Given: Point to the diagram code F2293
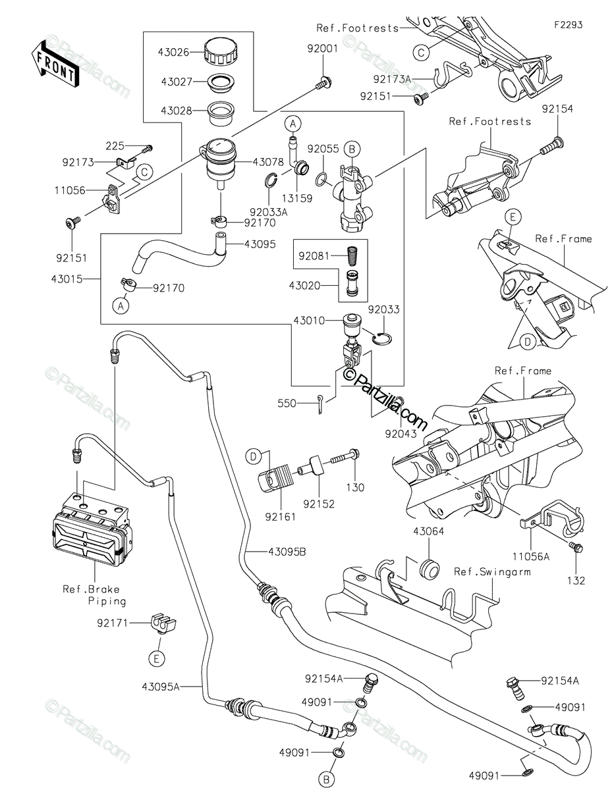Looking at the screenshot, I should [x=568, y=25].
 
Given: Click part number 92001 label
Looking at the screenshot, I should [x=321, y=48].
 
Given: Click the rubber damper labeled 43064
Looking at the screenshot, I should [x=428, y=568].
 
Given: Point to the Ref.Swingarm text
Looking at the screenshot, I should [x=492, y=572].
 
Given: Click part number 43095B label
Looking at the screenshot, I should [x=287, y=552].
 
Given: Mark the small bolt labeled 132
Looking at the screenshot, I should [x=577, y=548].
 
